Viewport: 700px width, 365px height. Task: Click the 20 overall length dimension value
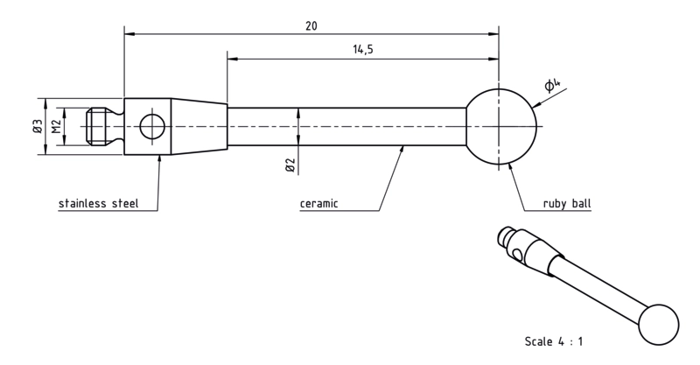pos(311,26)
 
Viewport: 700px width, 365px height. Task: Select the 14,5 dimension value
pos(363,49)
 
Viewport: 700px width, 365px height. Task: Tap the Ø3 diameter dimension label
pos(38,126)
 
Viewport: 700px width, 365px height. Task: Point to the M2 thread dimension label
pos(56,126)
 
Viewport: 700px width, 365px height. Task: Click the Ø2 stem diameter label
pos(290,165)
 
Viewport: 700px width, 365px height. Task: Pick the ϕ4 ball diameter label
pos(552,85)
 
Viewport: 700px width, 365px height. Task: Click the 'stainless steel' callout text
pos(99,204)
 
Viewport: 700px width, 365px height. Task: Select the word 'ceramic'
pos(318,204)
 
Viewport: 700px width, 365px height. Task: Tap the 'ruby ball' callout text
pos(567,204)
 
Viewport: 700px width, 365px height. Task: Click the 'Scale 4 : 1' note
pos(554,341)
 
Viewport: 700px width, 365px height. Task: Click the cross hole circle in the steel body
pos(152,126)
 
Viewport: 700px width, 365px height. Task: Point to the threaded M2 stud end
pos(96,126)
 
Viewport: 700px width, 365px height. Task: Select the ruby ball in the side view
pos(500,126)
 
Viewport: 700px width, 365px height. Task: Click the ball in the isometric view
pos(659,325)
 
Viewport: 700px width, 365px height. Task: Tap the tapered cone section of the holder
pos(199,126)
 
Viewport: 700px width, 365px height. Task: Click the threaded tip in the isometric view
pos(507,236)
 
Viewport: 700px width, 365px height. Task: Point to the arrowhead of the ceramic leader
pos(402,150)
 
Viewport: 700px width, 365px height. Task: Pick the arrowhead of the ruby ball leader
pos(512,167)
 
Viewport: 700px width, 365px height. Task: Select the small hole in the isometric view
pos(518,255)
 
